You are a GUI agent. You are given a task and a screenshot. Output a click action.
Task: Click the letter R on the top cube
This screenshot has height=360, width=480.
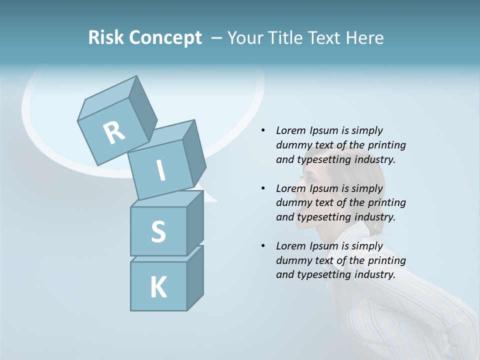pos(114,132)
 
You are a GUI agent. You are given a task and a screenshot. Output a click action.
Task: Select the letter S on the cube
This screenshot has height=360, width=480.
pos(158,231)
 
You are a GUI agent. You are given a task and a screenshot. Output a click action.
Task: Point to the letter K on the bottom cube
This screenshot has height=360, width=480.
pos(158,287)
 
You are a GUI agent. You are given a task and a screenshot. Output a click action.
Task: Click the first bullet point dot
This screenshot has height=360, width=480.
pos(263,131)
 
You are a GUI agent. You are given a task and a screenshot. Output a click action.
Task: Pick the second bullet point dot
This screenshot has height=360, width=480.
pos(263,188)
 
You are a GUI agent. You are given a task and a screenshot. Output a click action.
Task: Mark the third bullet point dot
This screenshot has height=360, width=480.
pos(263,246)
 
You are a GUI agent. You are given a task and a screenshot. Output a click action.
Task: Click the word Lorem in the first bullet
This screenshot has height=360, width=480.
pos(290,131)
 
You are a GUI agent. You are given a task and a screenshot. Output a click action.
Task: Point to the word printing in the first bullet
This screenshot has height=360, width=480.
pos(386,145)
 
